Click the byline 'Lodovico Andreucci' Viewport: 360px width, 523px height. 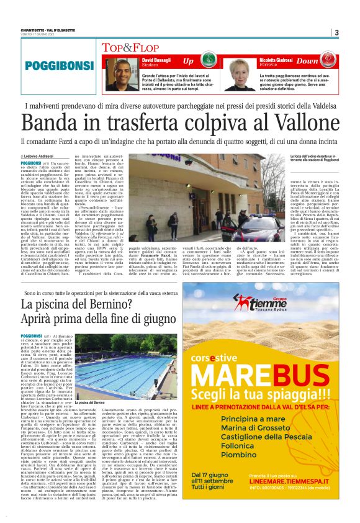tap(41, 155)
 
